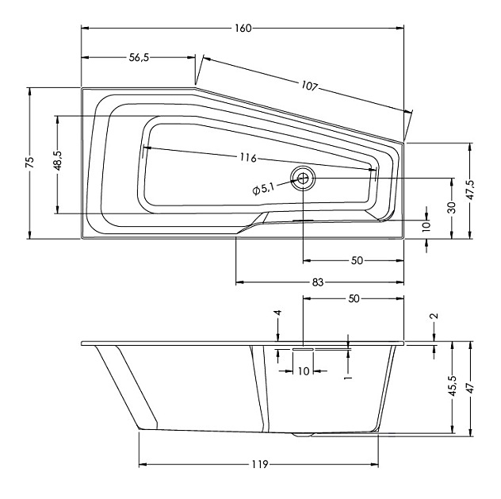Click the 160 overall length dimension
tap(243, 28)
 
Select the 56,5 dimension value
tap(139, 58)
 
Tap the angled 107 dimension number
tap(310, 86)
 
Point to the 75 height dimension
tap(29, 163)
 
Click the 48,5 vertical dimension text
tap(58, 160)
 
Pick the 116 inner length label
tap(248, 158)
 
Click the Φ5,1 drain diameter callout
tap(263, 190)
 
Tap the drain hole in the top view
tap(303, 178)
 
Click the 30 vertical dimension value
tap(452, 208)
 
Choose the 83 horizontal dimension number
tap(317, 282)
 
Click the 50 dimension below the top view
tap(357, 260)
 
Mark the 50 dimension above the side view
tap(354, 298)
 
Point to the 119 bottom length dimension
tap(259, 464)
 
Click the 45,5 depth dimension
tap(453, 386)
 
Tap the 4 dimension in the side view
tap(278, 313)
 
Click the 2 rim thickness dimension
tap(434, 317)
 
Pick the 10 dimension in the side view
tap(304, 371)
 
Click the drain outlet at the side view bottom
tap(303, 434)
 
